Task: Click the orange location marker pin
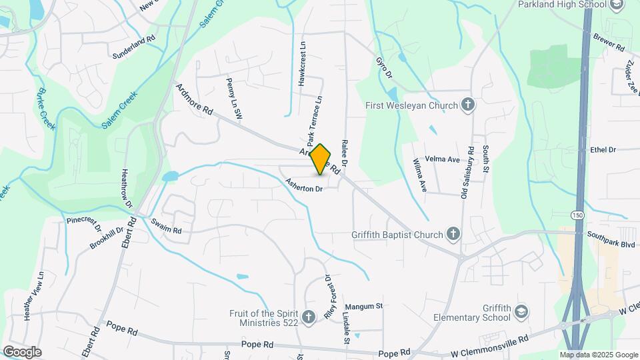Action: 321,159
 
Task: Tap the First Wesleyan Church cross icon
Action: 469,105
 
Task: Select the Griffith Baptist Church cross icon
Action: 453,234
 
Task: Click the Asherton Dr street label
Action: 304,185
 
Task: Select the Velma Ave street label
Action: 445,159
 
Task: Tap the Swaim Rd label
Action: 166,226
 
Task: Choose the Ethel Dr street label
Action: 603,150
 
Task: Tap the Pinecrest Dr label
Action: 83,223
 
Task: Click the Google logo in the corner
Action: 22,351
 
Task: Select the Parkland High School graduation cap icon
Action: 617,5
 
